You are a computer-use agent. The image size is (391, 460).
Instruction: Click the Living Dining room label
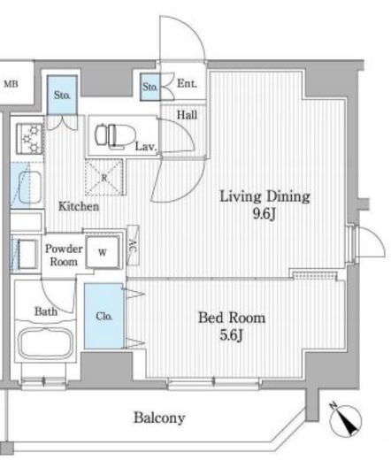[x=264, y=196]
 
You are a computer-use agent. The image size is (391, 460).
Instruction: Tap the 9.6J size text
[x=264, y=214]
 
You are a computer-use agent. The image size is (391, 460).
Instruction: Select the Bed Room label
[x=232, y=318]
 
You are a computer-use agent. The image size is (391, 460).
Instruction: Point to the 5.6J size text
[x=231, y=334]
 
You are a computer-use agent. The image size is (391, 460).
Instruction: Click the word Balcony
[x=159, y=418]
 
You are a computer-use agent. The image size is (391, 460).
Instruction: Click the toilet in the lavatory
[x=115, y=135]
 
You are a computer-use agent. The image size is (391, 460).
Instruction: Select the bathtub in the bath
[x=46, y=343]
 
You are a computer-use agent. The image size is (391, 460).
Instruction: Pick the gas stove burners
[x=30, y=138]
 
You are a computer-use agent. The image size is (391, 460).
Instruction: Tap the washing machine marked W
[x=103, y=252]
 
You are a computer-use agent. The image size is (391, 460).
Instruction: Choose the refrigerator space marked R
[x=104, y=177]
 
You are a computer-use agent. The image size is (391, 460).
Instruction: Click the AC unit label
[x=133, y=245]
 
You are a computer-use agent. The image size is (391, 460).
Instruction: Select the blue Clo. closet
[x=103, y=316]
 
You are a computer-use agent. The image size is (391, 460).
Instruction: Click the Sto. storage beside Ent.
[x=150, y=87]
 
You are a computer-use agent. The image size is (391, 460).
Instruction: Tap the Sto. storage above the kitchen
[x=62, y=95]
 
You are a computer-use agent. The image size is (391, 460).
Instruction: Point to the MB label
[x=11, y=84]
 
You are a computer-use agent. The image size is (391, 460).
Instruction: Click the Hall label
[x=187, y=115]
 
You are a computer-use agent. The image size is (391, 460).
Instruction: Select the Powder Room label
[x=64, y=255]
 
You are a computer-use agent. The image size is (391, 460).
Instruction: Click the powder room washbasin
[x=27, y=254]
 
